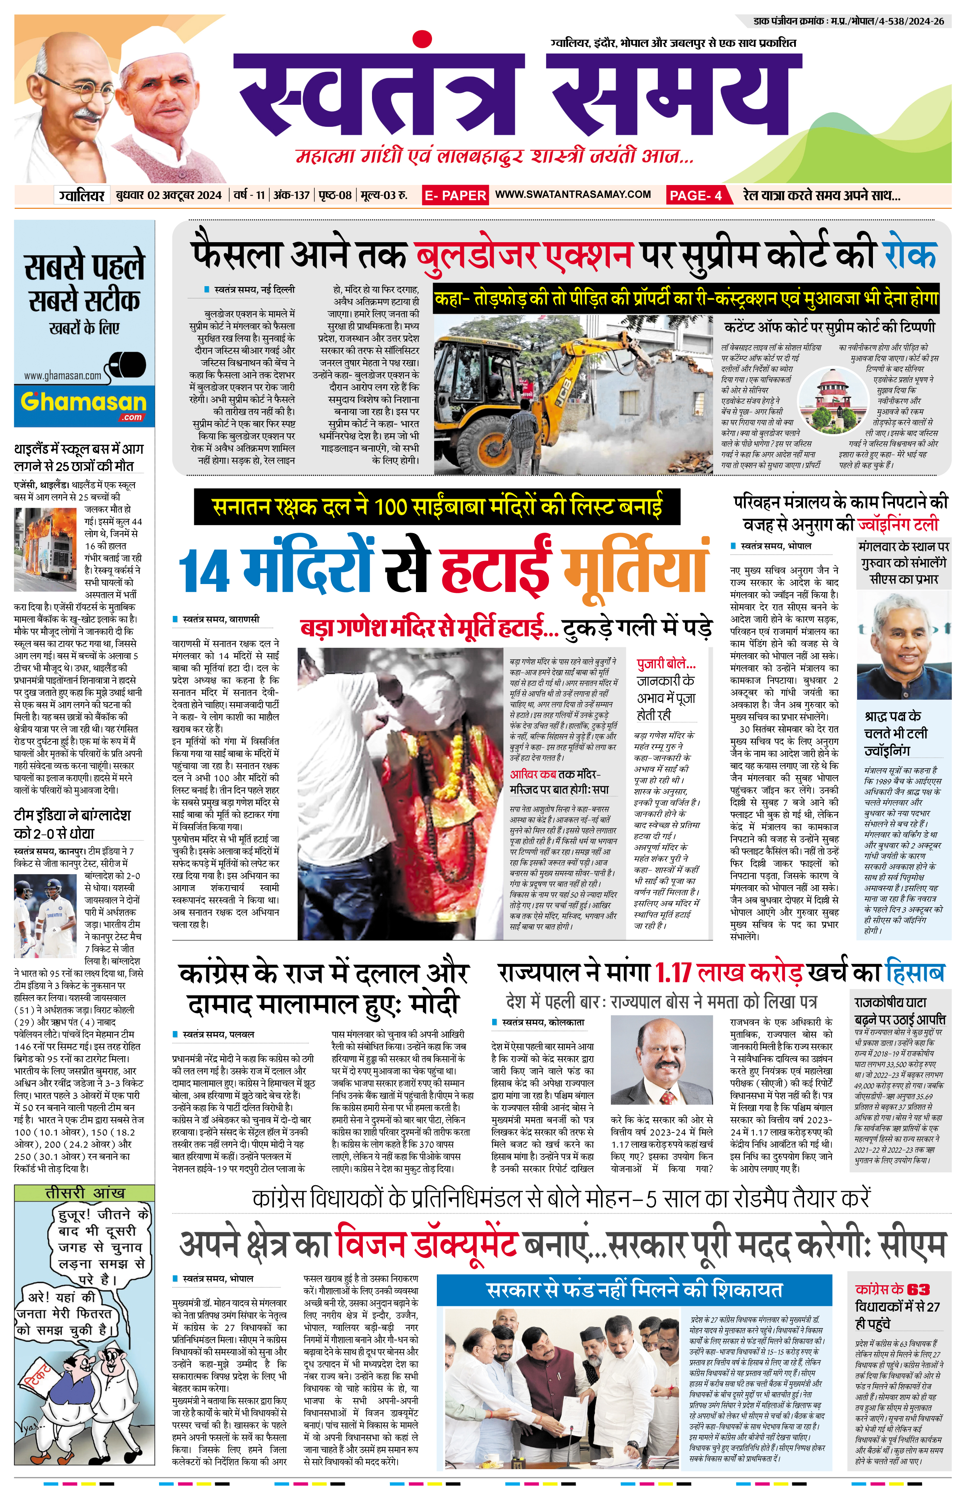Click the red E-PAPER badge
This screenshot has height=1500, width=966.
(x=455, y=195)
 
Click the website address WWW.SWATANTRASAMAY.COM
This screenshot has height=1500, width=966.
(x=573, y=195)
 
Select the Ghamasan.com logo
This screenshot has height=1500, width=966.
(x=84, y=404)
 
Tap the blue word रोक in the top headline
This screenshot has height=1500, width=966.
(x=910, y=254)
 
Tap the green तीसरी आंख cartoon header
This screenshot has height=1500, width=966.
(x=84, y=1193)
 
